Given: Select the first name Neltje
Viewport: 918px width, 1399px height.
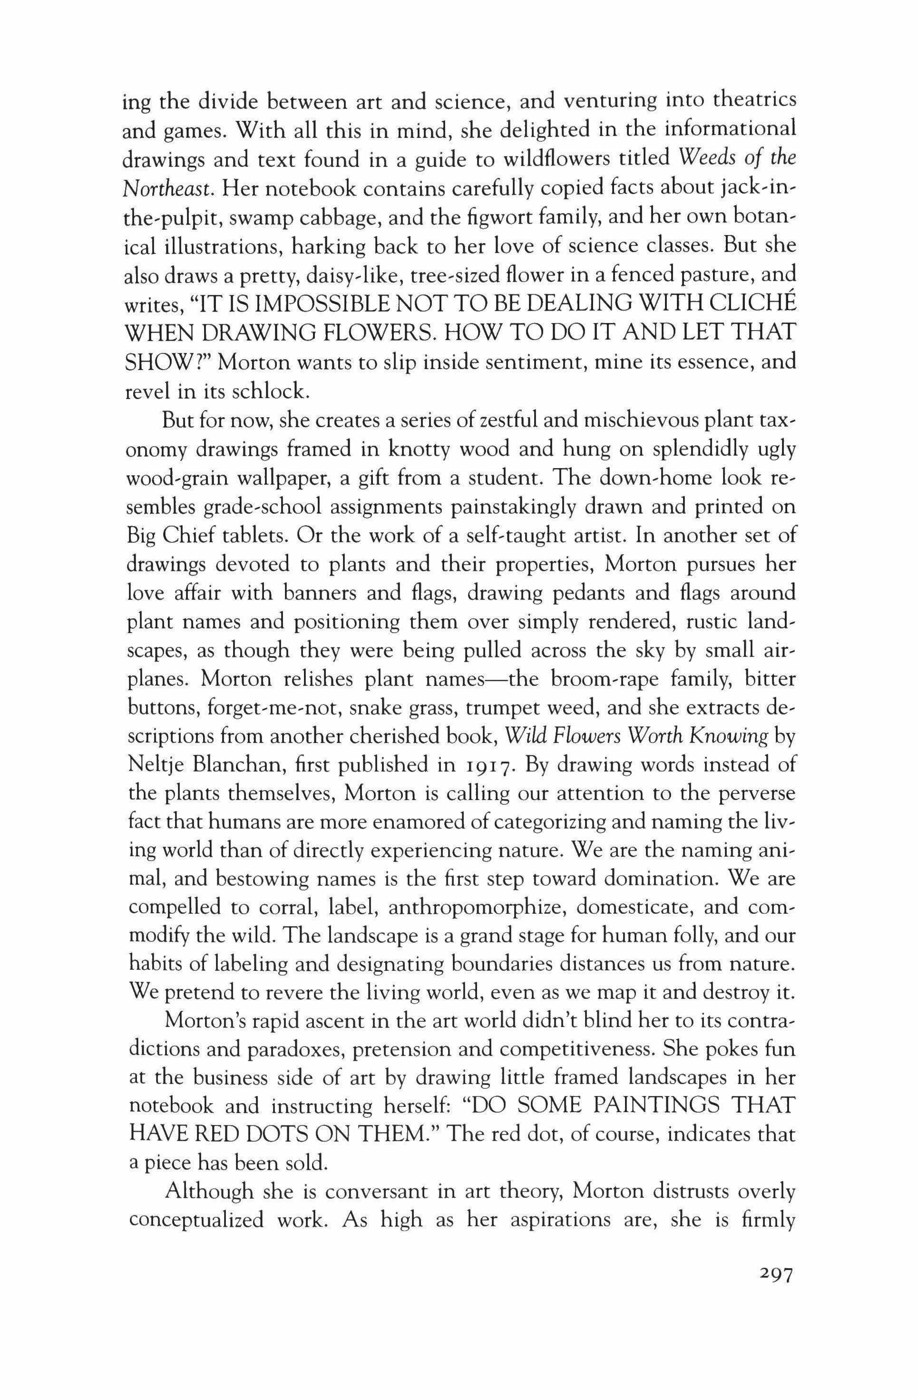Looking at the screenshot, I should tap(156, 766).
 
